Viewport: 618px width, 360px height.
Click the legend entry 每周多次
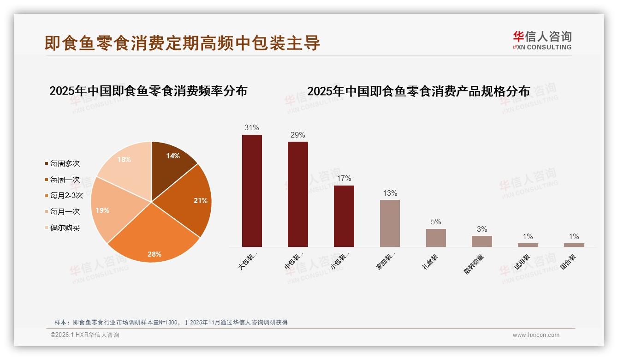click(x=65, y=164)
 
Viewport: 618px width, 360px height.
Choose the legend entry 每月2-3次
click(x=66, y=196)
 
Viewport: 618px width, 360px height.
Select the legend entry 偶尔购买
click(x=65, y=228)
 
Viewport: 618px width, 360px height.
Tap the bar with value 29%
click(x=297, y=194)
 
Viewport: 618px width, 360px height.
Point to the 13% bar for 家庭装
click(x=390, y=223)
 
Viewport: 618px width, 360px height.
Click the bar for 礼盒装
click(x=436, y=238)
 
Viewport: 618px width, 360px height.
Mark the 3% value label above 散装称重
click(x=482, y=229)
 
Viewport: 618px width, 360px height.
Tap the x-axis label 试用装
click(x=522, y=262)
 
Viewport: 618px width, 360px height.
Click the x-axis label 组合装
click(x=568, y=262)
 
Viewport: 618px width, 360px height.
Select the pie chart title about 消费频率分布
click(x=148, y=91)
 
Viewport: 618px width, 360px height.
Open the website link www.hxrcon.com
click(x=536, y=335)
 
